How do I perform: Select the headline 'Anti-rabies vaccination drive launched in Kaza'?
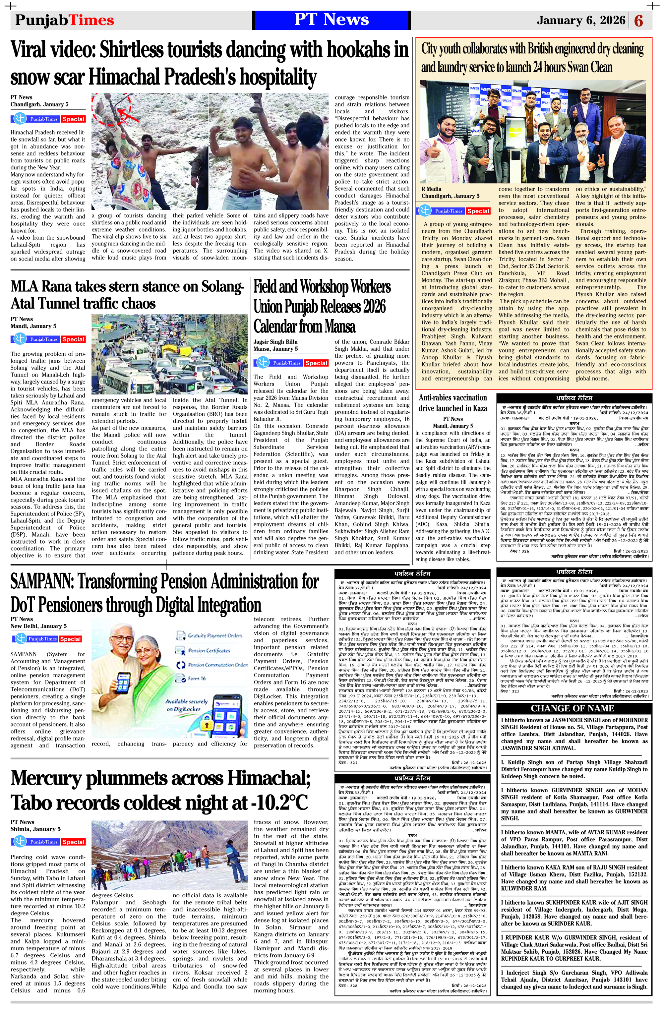(452, 403)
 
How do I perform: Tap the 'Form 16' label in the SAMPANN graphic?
(197, 678)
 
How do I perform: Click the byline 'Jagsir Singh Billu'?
(275, 342)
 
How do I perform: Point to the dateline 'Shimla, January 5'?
(35, 829)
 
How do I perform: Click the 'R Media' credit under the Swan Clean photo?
(431, 189)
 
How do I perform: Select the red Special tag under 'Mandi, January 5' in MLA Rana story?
(73, 339)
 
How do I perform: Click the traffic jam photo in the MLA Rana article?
(169, 354)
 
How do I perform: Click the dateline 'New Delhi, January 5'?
(38, 626)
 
